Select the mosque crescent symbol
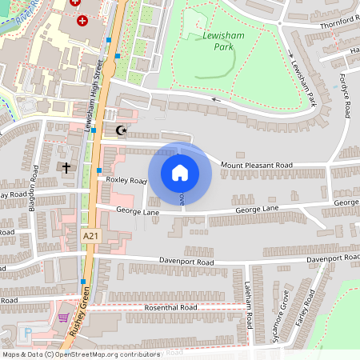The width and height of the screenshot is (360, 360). [122, 130]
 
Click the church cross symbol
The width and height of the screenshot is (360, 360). [67, 168]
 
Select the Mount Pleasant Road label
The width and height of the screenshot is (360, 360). [257, 165]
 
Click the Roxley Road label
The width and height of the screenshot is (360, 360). [126, 181]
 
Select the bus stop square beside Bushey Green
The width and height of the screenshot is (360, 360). [83, 282]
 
